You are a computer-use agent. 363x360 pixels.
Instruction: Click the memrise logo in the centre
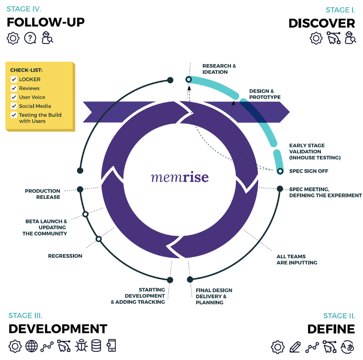pos(180,177)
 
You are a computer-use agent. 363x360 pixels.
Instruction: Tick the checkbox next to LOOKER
pos(14,79)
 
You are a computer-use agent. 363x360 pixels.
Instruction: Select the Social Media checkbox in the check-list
pos(14,106)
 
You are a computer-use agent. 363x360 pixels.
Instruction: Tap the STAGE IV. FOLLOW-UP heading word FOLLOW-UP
pos(45,22)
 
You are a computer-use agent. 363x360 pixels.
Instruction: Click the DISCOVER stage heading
pos(322,23)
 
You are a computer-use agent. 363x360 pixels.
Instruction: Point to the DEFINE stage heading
pos(331,329)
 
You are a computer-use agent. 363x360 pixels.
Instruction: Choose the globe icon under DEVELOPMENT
pos(31,346)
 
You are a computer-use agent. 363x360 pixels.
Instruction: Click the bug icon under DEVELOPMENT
pos(82,346)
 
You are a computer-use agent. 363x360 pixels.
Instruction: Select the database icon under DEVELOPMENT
pos(96,346)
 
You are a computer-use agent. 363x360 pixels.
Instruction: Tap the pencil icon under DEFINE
pos(295,347)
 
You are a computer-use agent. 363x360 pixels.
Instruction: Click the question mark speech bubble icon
pos(30,38)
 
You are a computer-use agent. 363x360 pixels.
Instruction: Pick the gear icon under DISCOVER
pos(316,38)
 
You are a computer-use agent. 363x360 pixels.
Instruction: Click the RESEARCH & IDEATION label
pos(219,69)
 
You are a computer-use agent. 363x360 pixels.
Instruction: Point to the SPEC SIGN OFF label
pos(309,171)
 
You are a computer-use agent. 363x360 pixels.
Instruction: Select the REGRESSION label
pos(65,256)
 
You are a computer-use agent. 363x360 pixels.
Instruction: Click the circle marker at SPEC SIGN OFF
pos(280,171)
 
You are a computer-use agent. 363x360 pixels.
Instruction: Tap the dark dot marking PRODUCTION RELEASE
pos(80,189)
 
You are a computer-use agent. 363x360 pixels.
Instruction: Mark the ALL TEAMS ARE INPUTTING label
pos(297,260)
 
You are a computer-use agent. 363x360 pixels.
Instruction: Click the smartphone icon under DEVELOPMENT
pos(111,346)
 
